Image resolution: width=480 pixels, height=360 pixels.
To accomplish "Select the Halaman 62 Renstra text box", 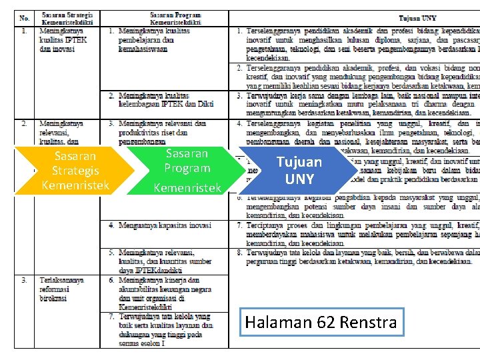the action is click(x=321, y=323).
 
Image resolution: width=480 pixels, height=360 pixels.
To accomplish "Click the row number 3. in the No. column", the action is click(x=23, y=280).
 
